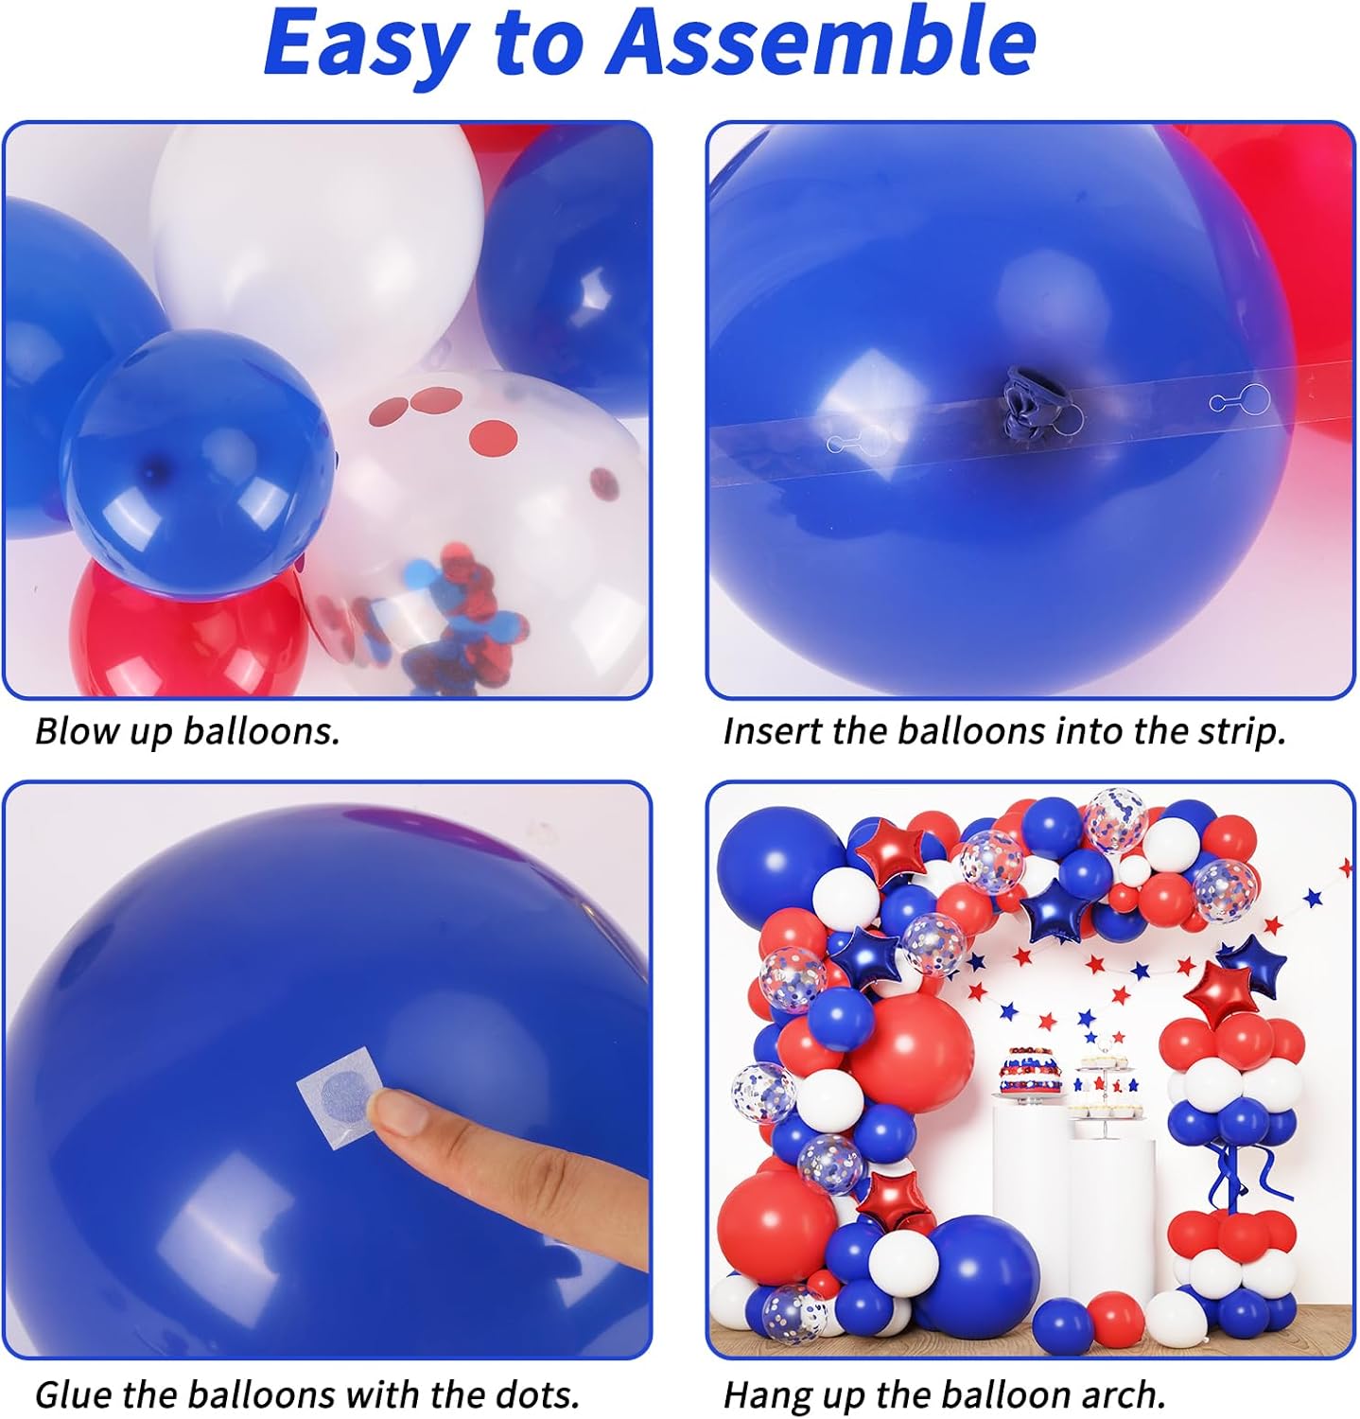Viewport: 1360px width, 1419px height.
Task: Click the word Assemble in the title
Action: click(824, 43)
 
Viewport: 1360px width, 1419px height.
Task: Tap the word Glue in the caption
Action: click(74, 1394)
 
